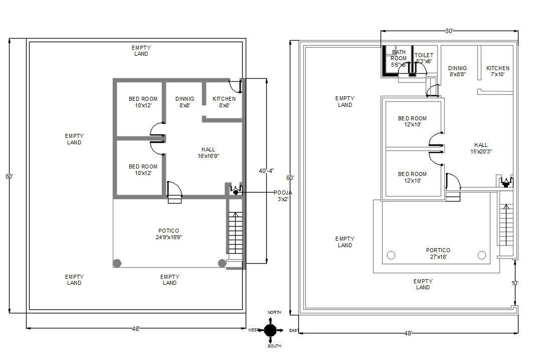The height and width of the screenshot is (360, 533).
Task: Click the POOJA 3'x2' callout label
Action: coord(283,196)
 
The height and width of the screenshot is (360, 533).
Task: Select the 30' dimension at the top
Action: coord(449,31)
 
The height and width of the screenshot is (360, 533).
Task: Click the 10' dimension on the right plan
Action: coord(514,283)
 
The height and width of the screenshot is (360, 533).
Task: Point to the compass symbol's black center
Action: coord(270,330)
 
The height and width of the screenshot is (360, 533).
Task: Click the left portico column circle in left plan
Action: coord(117,263)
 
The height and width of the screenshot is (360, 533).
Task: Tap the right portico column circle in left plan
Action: coord(222,263)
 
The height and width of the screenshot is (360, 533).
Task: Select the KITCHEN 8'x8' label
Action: coord(224,102)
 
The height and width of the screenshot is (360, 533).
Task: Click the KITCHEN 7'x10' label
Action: coord(497,71)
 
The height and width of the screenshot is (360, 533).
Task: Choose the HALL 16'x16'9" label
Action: coord(208,152)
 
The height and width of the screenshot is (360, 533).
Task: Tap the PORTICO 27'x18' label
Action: coord(438,253)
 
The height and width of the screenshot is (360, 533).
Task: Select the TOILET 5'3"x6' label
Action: coord(424,58)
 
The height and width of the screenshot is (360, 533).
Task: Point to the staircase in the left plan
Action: coord(235,233)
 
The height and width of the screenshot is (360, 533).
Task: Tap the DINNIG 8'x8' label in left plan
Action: coord(185,102)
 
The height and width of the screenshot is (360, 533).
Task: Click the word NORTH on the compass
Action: coord(274,312)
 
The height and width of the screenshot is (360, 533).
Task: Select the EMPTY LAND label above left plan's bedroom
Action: coord(141,51)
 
